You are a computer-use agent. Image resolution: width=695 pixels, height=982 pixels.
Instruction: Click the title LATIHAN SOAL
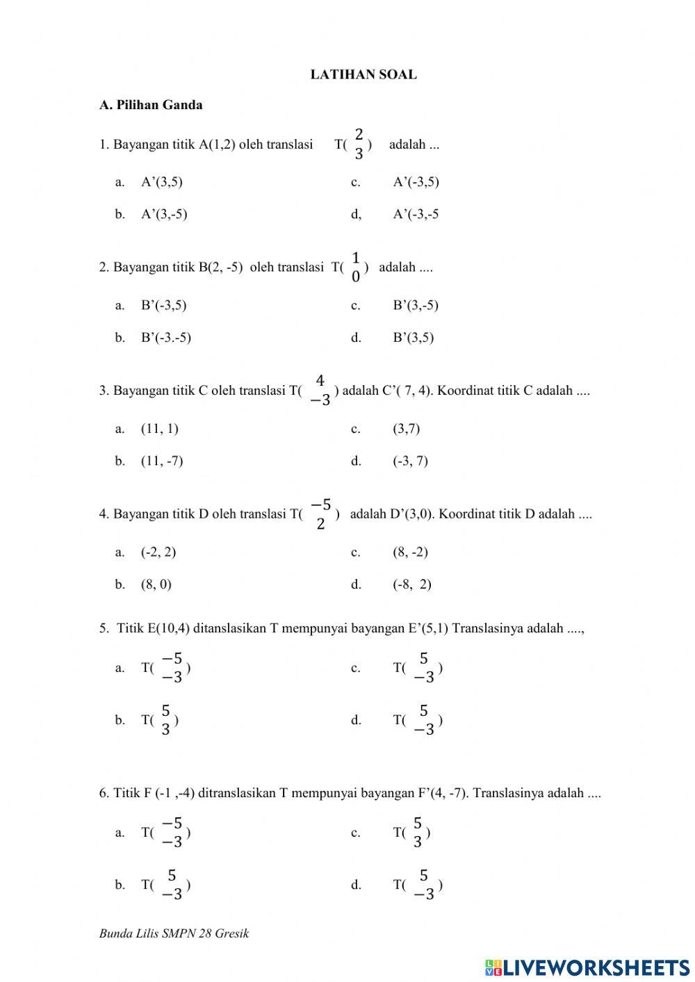click(363, 75)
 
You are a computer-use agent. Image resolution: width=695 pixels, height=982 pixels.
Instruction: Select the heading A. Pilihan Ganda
click(151, 106)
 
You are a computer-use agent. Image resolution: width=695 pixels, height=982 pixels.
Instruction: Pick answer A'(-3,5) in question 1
click(416, 182)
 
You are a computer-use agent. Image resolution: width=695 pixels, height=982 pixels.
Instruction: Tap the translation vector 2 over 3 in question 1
click(359, 144)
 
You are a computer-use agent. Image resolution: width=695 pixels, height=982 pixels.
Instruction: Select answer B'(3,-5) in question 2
click(415, 305)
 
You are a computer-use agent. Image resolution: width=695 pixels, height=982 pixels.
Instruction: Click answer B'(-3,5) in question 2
click(163, 305)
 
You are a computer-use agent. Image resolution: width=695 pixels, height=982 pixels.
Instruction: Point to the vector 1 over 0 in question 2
click(356, 267)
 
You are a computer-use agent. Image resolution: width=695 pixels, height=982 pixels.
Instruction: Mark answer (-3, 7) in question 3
click(410, 461)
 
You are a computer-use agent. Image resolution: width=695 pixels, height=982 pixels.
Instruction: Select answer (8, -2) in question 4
click(410, 553)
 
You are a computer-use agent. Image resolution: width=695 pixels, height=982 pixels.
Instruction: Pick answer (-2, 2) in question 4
click(158, 553)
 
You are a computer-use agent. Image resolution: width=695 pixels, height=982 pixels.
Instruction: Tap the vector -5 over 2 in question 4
click(320, 514)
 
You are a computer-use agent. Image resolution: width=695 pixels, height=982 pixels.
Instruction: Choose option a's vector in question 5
click(171, 668)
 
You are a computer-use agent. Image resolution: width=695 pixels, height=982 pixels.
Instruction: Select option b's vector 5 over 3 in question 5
click(165, 720)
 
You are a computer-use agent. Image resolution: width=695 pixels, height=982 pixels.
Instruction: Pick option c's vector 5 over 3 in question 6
click(417, 833)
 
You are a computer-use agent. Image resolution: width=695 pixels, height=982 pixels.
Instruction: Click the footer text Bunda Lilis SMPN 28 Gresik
click(174, 934)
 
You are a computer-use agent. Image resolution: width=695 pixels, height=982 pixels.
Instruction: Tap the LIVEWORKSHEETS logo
click(587, 967)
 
